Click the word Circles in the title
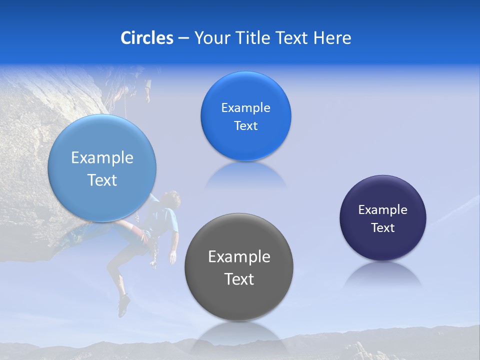tap(147, 38)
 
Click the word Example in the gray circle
tap(239, 257)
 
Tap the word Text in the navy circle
tap(383, 228)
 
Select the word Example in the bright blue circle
tap(245, 108)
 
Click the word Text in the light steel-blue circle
tap(102, 180)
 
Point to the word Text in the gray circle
tap(239, 279)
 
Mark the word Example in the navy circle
tap(383, 210)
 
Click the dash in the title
tap(183, 38)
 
